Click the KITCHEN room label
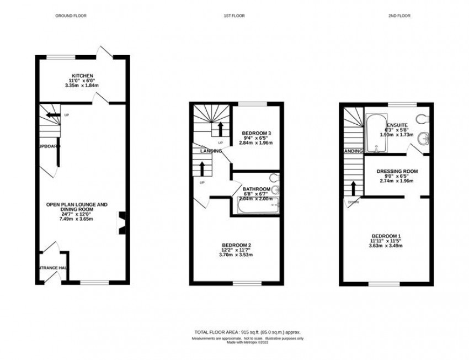[x=82, y=76]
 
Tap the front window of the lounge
[x=91, y=283]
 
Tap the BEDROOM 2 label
[x=237, y=245]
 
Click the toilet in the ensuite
[x=423, y=118]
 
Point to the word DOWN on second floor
[x=353, y=202]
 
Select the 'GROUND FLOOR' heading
[x=70, y=17]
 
